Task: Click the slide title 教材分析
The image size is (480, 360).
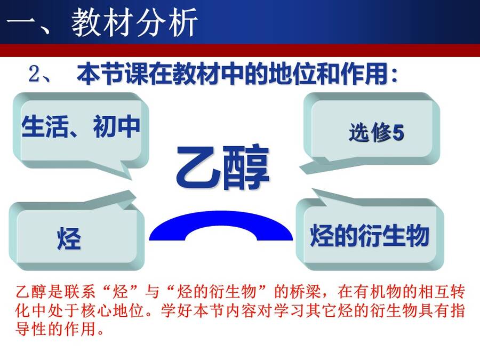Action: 134,22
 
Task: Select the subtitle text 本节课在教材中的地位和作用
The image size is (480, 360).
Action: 233,74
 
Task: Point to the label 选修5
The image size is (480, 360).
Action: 377,133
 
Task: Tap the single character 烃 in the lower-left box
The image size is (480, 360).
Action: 69,238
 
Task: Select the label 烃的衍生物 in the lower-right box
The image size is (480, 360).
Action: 370,235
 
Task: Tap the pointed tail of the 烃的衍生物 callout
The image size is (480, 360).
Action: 313,190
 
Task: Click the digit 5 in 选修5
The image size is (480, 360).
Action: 398,133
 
